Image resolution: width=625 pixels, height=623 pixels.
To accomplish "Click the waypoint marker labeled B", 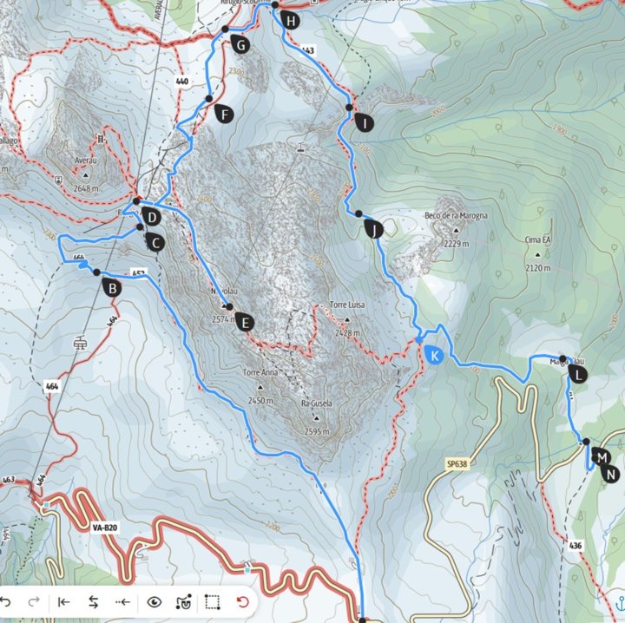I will [x=111, y=288].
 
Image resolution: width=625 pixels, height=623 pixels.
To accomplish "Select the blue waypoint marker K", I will [x=433, y=354].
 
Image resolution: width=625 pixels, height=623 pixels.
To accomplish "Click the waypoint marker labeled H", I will [x=290, y=20].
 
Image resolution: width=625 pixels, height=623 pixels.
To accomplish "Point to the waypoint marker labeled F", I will [x=224, y=115].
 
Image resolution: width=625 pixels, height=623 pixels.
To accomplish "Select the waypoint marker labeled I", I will [x=364, y=123].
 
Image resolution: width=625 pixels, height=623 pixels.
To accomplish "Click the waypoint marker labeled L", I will [x=578, y=375].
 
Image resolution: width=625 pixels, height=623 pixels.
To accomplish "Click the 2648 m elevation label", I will [x=88, y=187].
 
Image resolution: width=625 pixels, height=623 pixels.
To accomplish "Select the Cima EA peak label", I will [x=537, y=239].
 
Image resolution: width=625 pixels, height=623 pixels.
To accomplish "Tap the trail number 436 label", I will [x=575, y=545].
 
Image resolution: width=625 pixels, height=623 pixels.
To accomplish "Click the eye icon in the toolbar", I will [x=155, y=601].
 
